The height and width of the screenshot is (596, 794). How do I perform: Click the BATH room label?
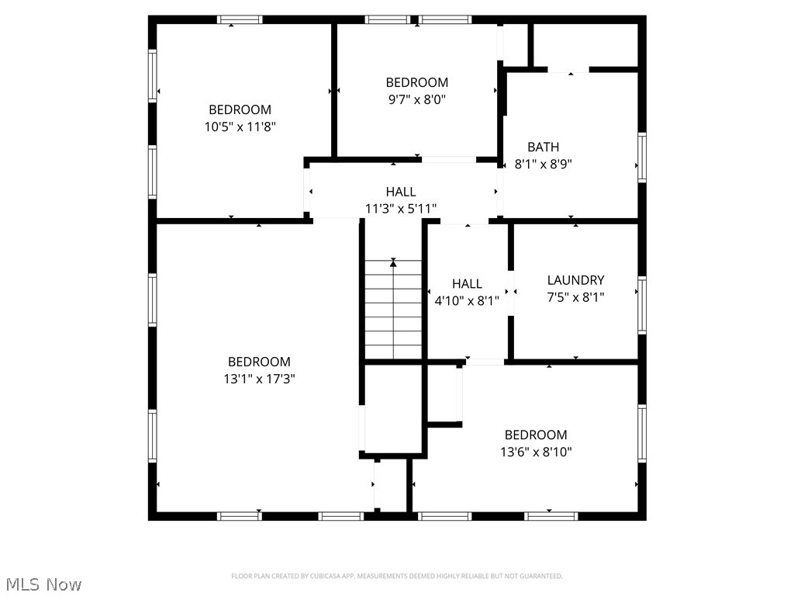tap(543, 147)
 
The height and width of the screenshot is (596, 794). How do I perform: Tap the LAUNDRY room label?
tap(575, 280)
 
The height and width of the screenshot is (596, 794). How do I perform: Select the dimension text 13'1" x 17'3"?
tap(259, 379)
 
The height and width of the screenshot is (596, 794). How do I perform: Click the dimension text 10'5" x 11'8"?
tap(240, 126)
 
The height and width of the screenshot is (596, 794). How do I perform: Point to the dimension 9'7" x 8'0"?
tap(417, 99)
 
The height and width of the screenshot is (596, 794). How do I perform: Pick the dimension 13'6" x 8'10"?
tap(536, 452)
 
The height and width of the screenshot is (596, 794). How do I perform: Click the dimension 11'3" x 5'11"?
tap(401, 208)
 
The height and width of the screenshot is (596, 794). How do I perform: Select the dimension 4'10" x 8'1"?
tap(467, 300)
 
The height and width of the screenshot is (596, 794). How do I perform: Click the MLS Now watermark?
tap(43, 584)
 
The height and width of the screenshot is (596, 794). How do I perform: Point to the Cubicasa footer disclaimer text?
tap(397, 576)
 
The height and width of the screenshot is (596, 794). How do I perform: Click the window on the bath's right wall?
tap(641, 157)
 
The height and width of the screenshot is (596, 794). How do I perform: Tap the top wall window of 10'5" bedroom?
tap(240, 19)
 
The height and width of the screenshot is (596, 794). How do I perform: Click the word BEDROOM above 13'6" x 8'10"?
tap(536, 435)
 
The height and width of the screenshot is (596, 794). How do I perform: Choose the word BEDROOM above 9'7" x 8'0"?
tap(417, 82)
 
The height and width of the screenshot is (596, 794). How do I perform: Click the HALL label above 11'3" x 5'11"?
tap(401, 191)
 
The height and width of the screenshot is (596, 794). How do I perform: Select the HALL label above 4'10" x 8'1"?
tap(467, 284)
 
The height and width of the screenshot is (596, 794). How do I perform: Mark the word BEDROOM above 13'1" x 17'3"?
tap(259, 362)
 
